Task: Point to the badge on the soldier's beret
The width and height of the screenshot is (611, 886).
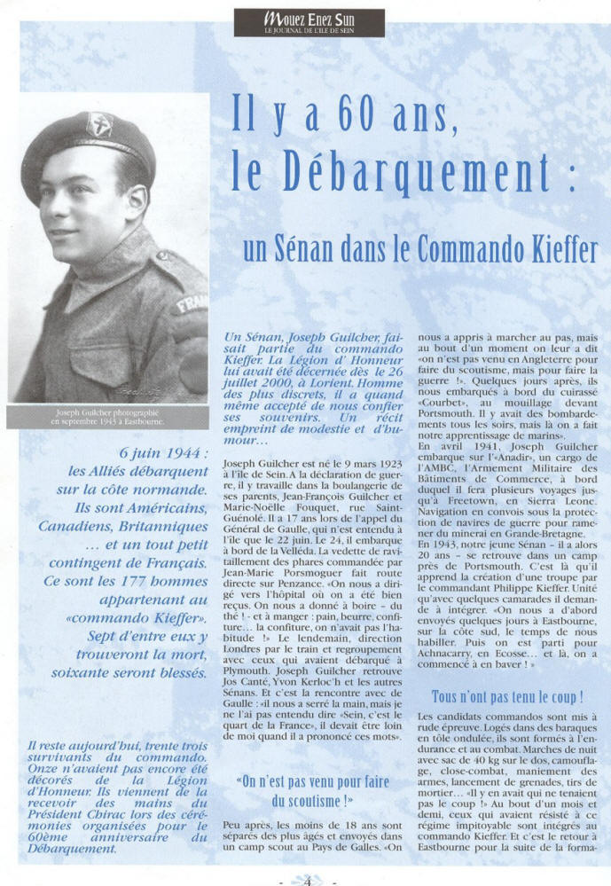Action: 99,124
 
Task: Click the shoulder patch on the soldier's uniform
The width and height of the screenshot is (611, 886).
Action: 192,305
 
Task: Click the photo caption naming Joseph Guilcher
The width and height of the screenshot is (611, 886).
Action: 107,417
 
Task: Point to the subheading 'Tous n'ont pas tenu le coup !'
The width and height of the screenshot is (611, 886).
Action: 506,696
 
